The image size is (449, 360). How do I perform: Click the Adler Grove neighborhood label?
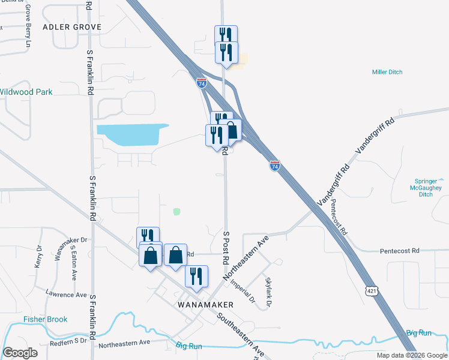pyautogui.click(x=72, y=27)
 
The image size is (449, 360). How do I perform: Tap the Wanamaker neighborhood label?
pyautogui.click(x=206, y=305)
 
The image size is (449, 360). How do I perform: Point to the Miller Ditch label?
pyautogui.click(x=387, y=72)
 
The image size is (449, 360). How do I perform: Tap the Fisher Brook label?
pyautogui.click(x=45, y=319)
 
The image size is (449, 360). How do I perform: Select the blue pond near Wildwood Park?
pyautogui.click(x=132, y=134)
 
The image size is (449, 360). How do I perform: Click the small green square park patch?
pyautogui.click(x=176, y=211)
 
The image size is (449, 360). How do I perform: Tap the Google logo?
pyautogui.click(x=20, y=353)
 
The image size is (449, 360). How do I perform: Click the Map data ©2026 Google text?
pyautogui.click(x=411, y=355)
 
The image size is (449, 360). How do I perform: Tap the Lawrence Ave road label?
pyautogui.click(x=66, y=294)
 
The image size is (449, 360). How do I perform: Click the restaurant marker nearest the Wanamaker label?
pyautogui.click(x=196, y=277)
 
